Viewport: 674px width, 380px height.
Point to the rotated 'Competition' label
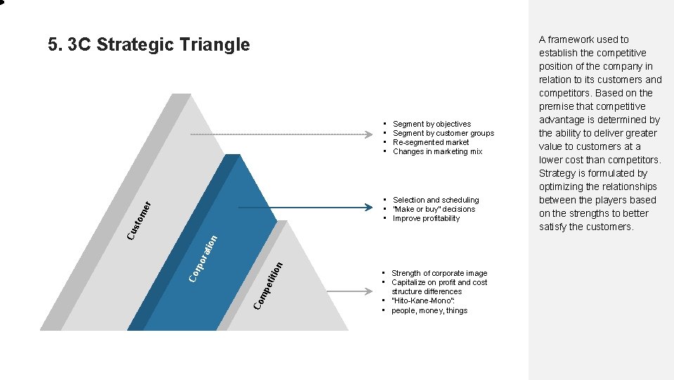268,285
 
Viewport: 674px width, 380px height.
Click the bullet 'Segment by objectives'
432,124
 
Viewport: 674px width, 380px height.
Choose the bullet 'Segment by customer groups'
443,133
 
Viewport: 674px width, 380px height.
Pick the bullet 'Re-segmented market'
431,142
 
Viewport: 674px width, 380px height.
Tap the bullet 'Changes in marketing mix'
437,151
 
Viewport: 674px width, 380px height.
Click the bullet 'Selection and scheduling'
436,200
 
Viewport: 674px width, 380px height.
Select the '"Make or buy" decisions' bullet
434,209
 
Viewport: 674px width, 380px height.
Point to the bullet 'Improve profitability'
426,218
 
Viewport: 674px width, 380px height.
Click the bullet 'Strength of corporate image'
439,273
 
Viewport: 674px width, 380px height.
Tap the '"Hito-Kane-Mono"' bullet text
422,301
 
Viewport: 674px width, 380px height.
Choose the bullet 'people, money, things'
429,310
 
